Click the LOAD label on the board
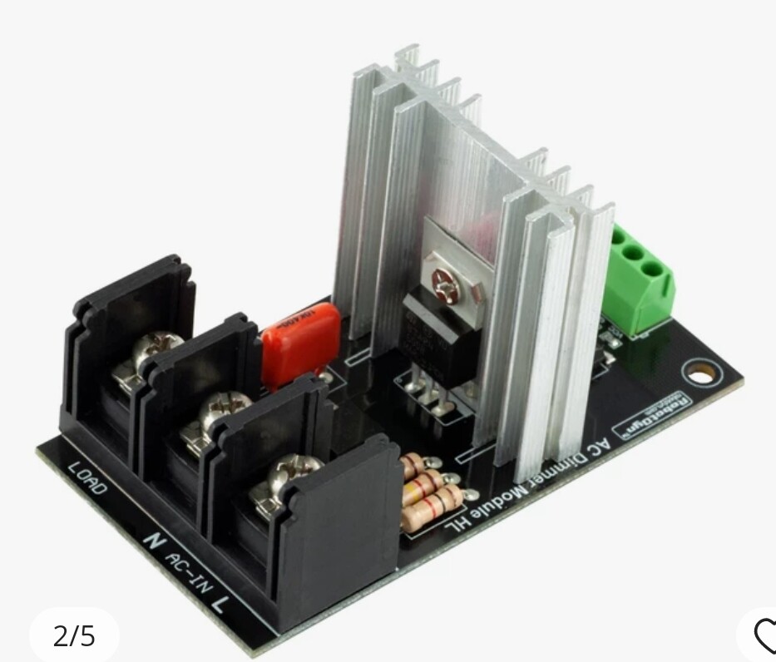pyautogui.click(x=87, y=478)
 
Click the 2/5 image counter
pyautogui.click(x=74, y=636)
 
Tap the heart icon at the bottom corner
pyautogui.click(x=764, y=636)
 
